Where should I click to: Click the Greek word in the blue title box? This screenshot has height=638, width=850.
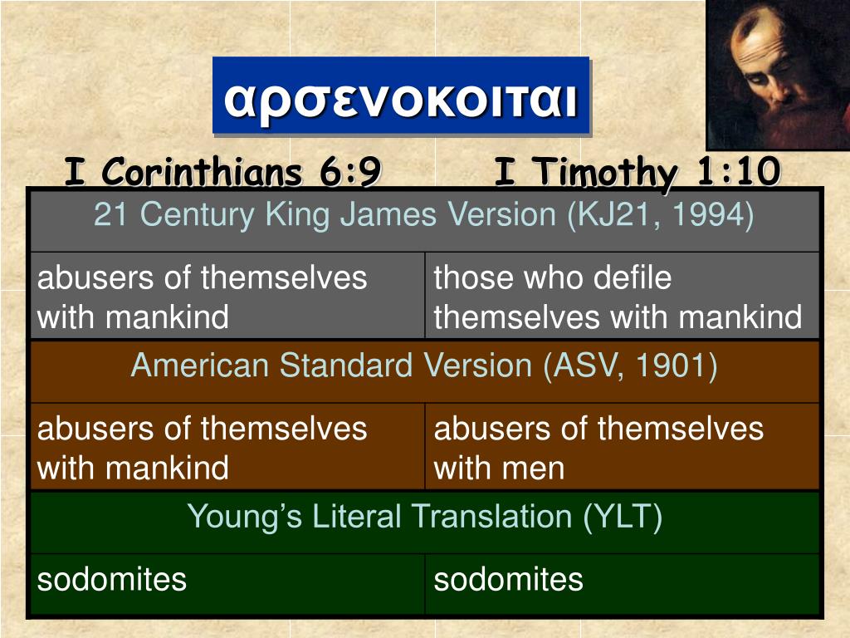click(401, 98)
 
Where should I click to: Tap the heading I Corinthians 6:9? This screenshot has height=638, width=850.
click(222, 172)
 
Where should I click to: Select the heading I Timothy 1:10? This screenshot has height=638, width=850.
click(637, 172)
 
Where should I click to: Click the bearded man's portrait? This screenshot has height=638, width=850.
click(778, 75)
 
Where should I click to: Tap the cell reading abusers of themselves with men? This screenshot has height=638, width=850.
click(598, 448)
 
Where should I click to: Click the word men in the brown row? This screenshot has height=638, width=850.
click(533, 469)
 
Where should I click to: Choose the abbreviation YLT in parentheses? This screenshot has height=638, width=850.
click(622, 517)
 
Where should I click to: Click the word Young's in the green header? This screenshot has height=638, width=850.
click(245, 517)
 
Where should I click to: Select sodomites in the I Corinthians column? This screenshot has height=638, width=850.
click(112, 579)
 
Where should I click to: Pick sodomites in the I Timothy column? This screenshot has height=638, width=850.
click(508, 579)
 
